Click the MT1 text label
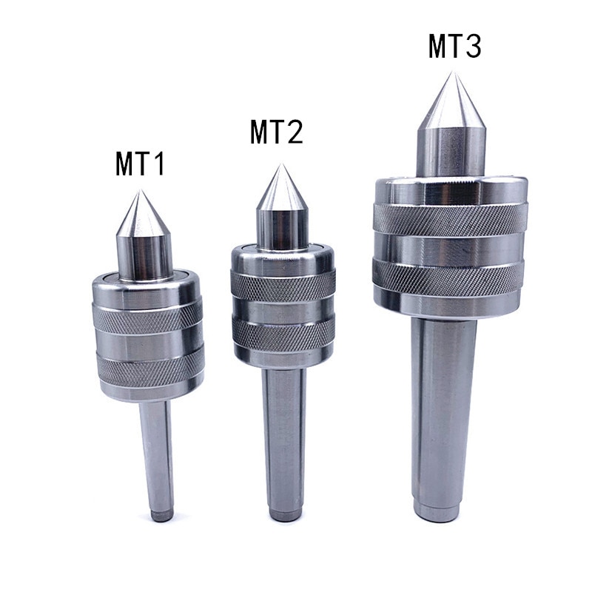[141, 164]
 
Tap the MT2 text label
[277, 132]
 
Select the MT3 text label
[455, 47]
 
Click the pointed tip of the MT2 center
[280, 165]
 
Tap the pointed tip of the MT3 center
[452, 73]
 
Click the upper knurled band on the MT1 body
[147, 317]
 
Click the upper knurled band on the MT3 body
[451, 218]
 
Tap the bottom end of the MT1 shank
[161, 515]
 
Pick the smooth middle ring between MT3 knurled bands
[450, 247]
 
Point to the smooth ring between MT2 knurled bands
[283, 309]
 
